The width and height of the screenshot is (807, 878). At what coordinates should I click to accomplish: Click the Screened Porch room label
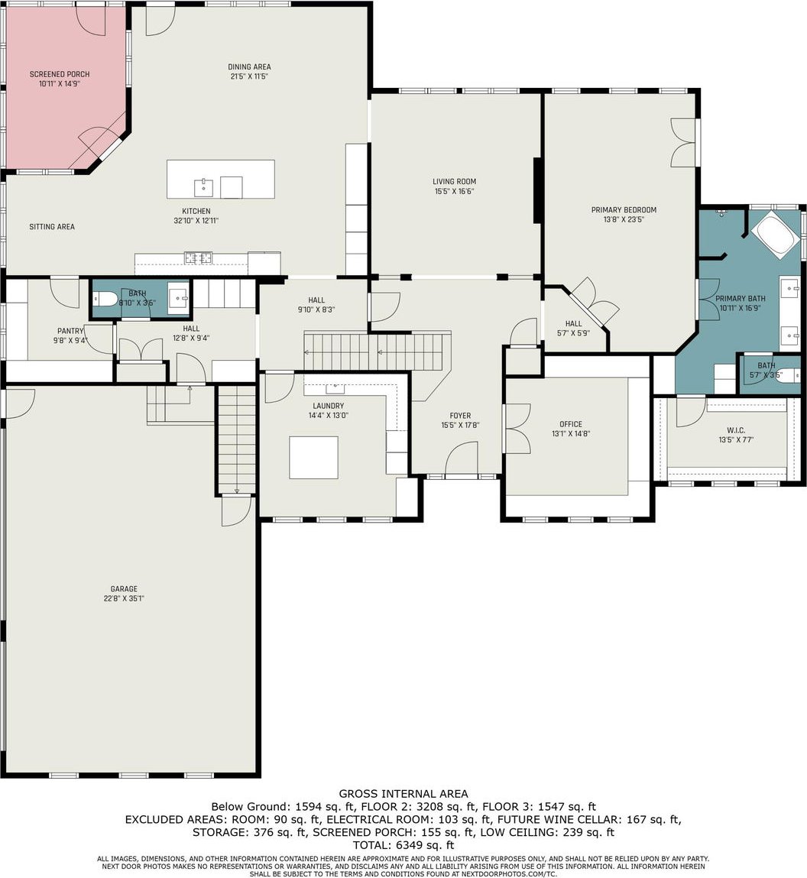click(x=60, y=74)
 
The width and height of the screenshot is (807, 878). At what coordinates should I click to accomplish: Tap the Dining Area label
click(x=249, y=66)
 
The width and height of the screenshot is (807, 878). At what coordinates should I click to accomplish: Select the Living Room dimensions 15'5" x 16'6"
click(x=454, y=191)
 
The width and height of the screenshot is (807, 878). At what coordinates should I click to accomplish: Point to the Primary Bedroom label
click(x=624, y=210)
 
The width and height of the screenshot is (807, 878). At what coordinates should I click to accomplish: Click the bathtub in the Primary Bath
click(x=776, y=236)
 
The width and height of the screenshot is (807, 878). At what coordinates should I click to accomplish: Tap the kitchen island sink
click(x=203, y=187)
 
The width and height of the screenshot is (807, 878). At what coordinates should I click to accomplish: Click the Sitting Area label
click(x=52, y=227)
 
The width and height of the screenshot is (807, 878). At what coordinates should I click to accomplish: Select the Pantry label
click(x=70, y=331)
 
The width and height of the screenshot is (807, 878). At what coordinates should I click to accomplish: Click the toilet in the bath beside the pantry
click(x=106, y=300)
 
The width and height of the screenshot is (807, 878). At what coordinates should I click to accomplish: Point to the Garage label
click(x=124, y=588)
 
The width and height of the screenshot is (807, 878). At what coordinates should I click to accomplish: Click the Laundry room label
click(x=328, y=406)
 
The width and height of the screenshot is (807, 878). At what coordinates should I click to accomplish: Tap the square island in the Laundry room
click(x=313, y=458)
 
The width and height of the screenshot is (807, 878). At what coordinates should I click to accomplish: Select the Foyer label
click(x=460, y=416)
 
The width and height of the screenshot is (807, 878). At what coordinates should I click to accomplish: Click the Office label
click(x=571, y=424)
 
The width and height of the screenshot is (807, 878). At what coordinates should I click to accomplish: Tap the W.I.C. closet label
click(x=736, y=430)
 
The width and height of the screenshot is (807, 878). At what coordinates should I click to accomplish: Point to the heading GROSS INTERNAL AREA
click(x=403, y=793)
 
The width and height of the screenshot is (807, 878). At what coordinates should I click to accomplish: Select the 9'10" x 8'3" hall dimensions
click(x=316, y=309)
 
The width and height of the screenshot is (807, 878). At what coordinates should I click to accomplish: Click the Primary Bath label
click(x=741, y=299)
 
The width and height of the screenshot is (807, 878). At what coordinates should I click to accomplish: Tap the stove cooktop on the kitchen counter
click(x=199, y=258)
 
